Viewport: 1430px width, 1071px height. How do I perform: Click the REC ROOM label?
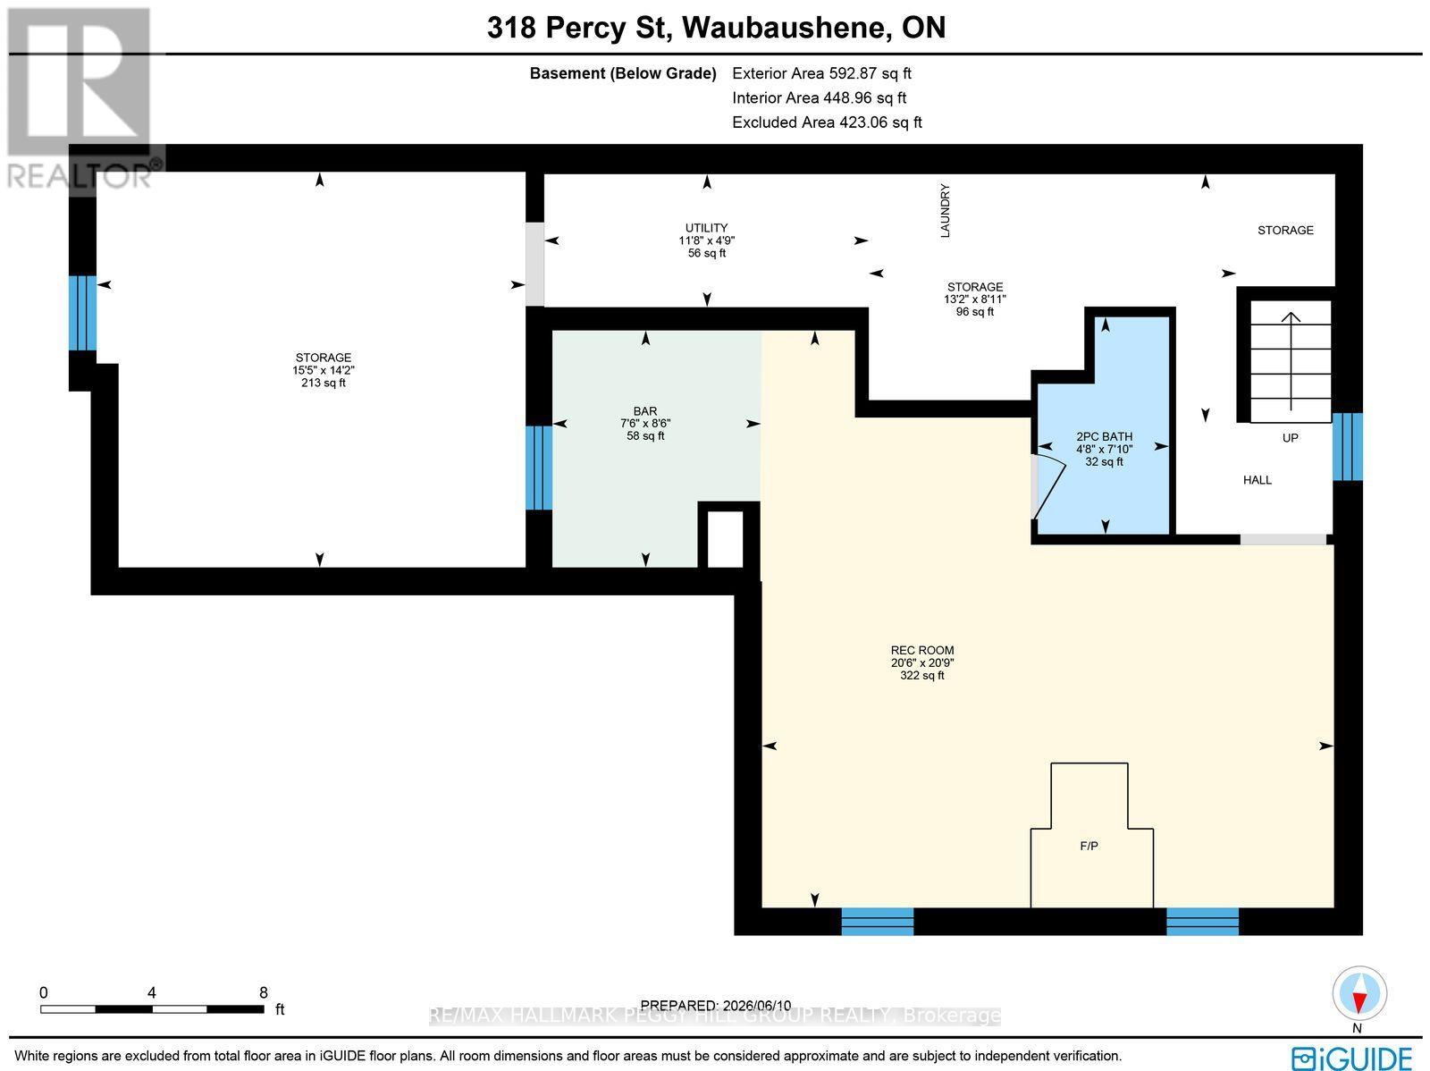tap(921, 650)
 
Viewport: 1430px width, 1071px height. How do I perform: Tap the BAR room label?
tap(645, 411)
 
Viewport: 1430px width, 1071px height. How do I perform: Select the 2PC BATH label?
tap(1105, 436)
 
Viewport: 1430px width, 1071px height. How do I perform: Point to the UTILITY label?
tap(706, 228)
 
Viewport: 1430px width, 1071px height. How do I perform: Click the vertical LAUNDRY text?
tap(946, 210)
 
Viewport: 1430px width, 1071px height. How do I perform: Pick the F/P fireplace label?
tap(1089, 846)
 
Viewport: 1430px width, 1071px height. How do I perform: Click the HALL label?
tap(1258, 480)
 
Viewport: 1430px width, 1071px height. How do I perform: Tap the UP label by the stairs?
tap(1291, 438)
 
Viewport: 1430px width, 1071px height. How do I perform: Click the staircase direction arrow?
tap(1291, 361)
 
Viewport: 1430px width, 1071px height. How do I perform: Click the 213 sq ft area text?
tap(324, 383)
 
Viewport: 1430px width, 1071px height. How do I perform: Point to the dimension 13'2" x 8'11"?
tap(974, 299)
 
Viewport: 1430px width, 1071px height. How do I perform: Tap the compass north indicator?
tap(1359, 995)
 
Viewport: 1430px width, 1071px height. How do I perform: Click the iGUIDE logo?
tap(1352, 1058)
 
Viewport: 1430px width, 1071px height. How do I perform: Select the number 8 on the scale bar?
tap(263, 993)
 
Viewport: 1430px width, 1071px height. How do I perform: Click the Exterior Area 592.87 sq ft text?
tap(821, 73)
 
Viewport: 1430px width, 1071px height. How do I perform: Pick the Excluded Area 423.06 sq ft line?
tap(827, 122)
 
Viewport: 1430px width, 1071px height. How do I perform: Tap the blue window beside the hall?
tap(1347, 446)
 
